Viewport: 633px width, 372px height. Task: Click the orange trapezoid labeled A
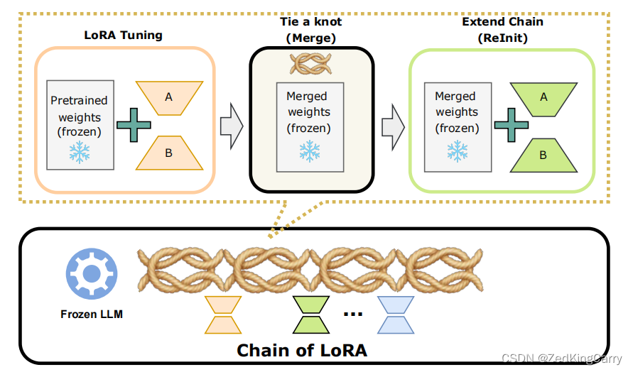(168, 97)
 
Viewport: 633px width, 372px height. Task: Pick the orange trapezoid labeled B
(168, 152)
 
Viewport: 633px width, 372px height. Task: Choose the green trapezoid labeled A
(543, 97)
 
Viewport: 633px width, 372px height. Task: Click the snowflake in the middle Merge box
(309, 151)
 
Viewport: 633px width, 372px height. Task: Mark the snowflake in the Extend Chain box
(457, 151)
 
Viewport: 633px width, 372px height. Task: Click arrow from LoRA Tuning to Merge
(231, 126)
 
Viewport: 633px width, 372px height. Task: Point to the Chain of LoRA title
(301, 350)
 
